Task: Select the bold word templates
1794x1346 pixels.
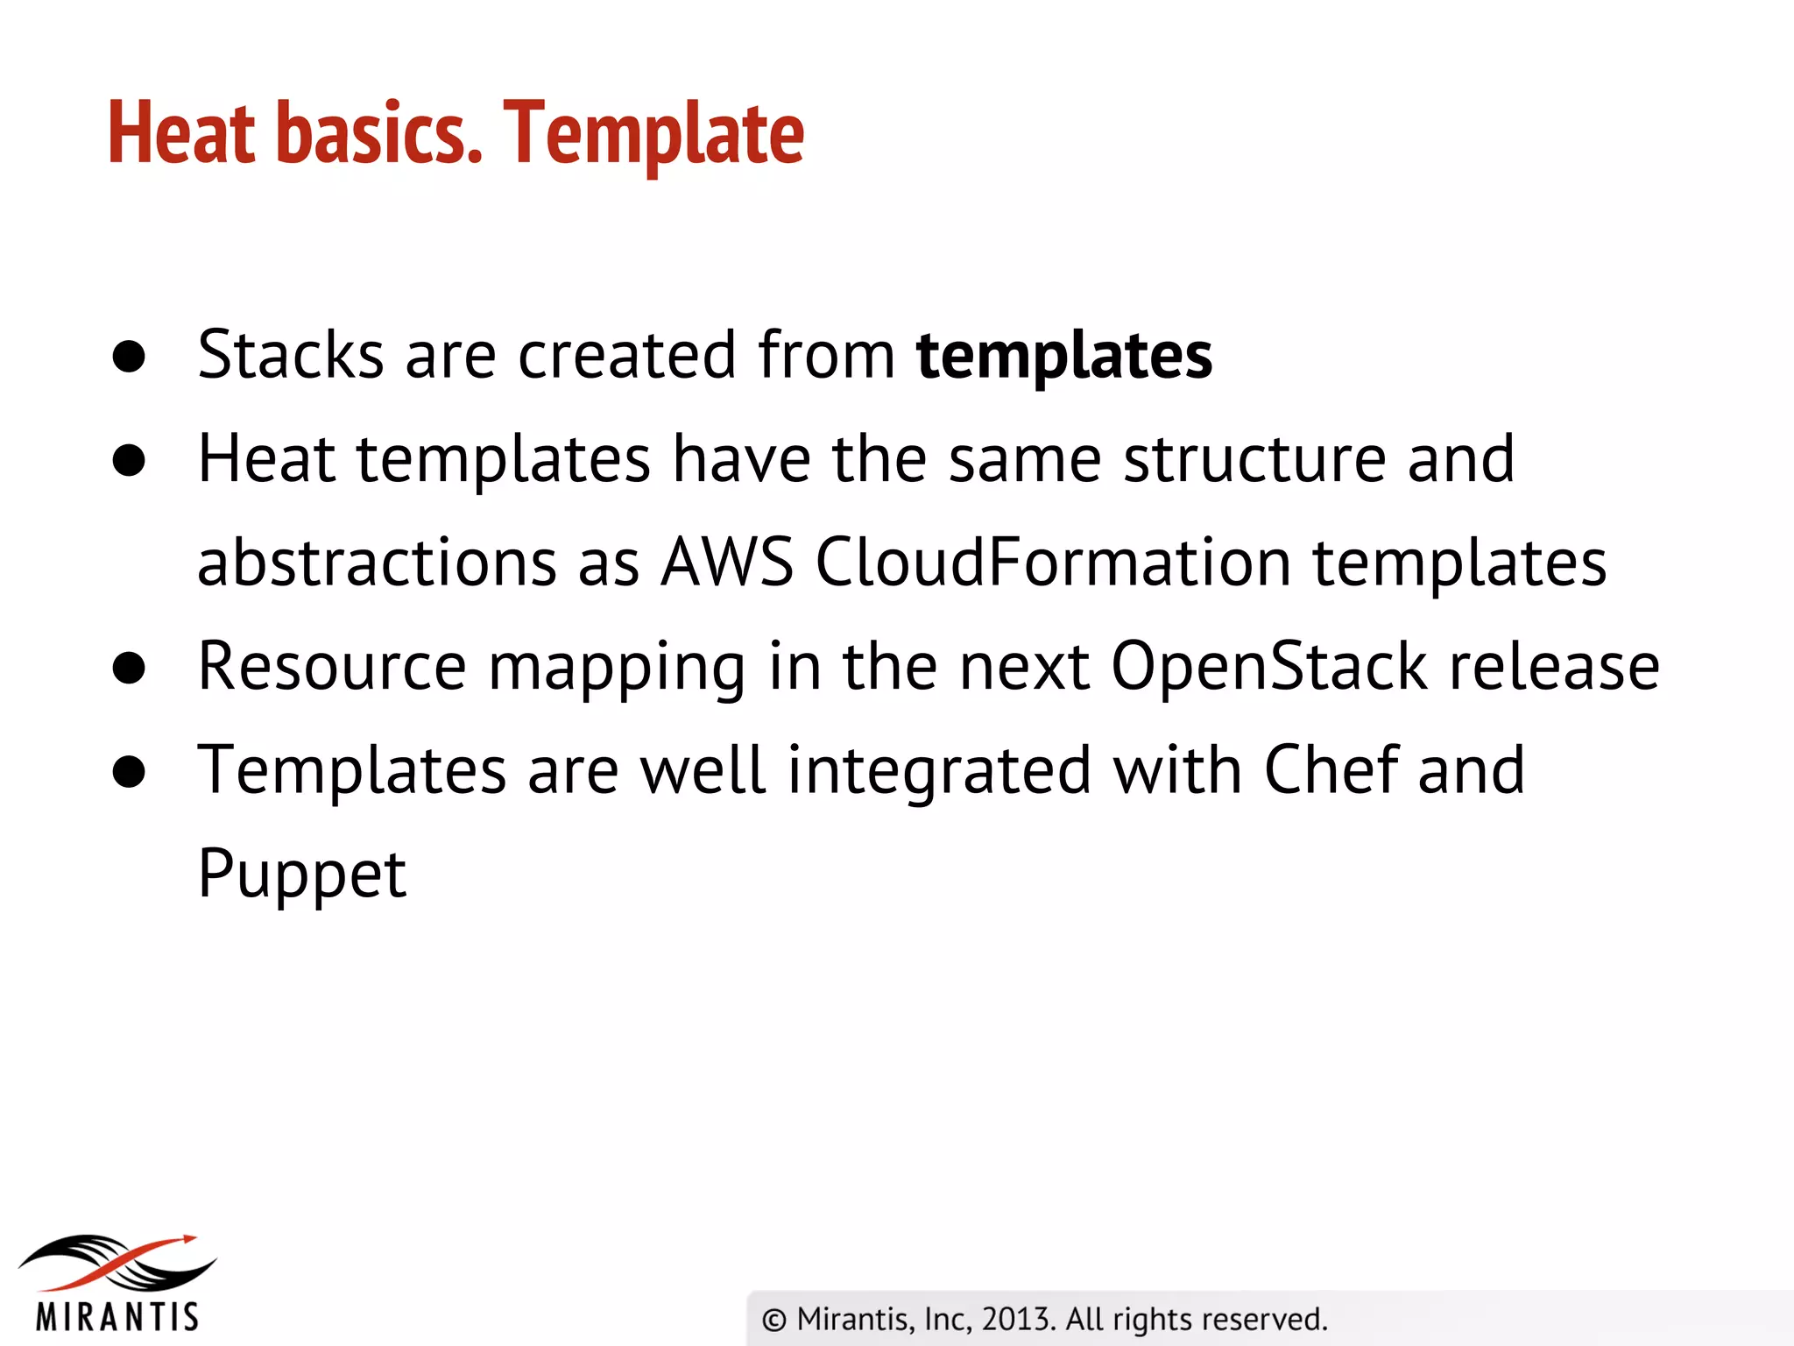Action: (1063, 357)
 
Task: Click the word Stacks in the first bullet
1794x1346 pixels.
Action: (290, 355)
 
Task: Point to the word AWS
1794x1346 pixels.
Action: (726, 562)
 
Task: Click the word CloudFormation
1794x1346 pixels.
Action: (1052, 562)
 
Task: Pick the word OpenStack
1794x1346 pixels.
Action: (1268, 666)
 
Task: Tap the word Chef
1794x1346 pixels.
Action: (1330, 769)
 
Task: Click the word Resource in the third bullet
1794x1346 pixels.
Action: (331, 666)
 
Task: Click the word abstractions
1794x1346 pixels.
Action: (377, 562)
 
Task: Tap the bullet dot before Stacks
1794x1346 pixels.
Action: (129, 357)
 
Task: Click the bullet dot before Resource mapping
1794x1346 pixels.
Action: (129, 668)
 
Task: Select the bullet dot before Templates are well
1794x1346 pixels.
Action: (129, 772)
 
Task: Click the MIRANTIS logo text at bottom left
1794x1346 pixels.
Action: (117, 1316)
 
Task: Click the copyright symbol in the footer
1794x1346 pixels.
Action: (773, 1320)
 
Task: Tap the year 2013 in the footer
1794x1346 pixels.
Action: (1015, 1319)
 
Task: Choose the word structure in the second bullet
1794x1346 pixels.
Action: (1254, 458)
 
